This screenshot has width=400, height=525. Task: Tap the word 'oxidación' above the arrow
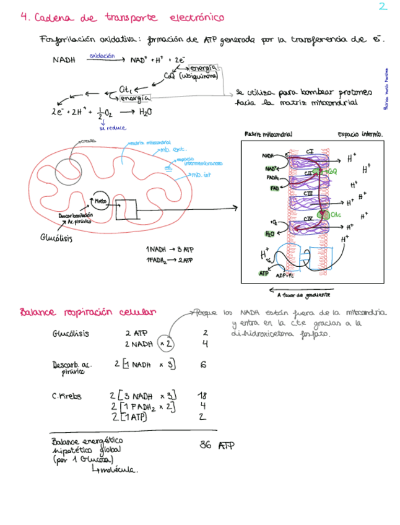[102, 55]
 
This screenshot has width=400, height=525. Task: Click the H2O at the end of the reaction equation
[144, 112]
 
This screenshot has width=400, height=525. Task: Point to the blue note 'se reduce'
[113, 128]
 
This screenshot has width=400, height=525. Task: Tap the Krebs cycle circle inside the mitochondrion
[100, 201]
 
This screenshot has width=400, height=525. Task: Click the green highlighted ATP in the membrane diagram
[263, 272]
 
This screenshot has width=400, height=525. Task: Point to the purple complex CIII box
[308, 194]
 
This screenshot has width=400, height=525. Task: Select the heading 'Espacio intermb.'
[360, 134]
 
